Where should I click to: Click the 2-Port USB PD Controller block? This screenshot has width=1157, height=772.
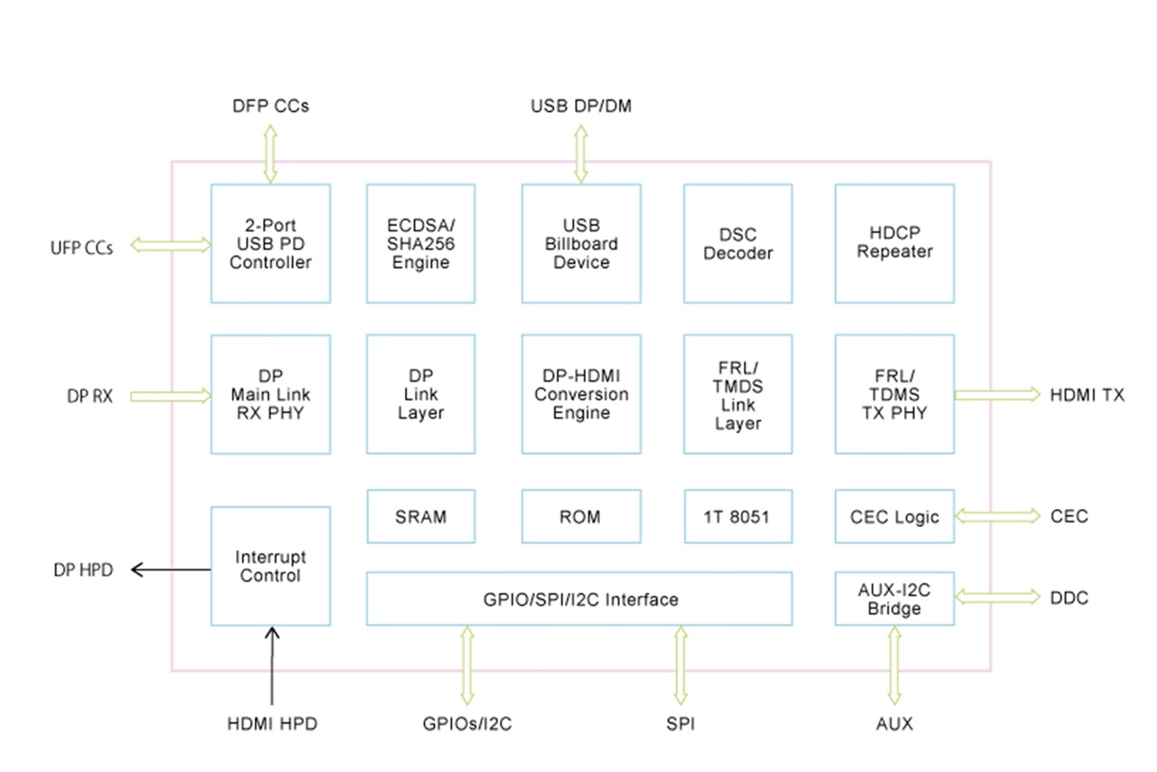[270, 243]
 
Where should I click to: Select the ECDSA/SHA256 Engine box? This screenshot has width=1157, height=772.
[420, 243]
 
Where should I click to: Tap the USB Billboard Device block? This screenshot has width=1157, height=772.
[581, 243]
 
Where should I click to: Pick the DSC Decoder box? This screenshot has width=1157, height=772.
[738, 243]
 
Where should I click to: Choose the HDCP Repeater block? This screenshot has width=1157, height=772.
[894, 243]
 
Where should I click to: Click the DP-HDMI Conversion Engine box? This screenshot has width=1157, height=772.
[581, 394]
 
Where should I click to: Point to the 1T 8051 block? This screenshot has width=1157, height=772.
[738, 517]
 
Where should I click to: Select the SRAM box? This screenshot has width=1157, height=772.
[420, 517]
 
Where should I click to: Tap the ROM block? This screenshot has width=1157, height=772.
[581, 517]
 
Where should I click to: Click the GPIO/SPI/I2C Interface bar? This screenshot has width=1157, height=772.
[578, 598]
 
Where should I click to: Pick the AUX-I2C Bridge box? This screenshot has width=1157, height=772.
[894, 598]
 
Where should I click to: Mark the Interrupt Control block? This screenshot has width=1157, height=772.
[270, 566]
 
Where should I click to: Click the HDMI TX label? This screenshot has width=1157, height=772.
[1086, 395]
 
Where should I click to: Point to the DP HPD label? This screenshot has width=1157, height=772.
[83, 570]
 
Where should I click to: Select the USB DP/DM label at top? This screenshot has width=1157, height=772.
[581, 107]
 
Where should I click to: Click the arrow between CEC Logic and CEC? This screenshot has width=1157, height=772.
[998, 516]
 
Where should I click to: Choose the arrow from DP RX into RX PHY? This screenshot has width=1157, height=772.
[170, 395]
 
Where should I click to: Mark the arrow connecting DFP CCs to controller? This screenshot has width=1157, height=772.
[269, 155]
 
